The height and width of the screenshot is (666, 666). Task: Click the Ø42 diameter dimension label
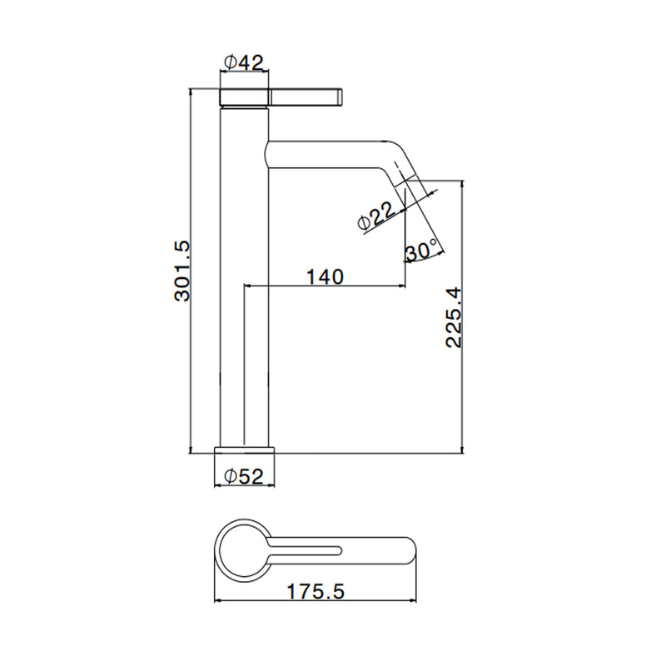(x=244, y=63)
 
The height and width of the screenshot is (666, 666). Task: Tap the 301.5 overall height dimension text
(x=182, y=271)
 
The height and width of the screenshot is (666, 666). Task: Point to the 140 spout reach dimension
(x=325, y=277)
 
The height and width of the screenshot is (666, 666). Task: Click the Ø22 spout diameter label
(x=377, y=216)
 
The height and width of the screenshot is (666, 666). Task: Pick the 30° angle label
(x=421, y=251)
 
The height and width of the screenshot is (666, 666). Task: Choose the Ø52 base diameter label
(x=244, y=476)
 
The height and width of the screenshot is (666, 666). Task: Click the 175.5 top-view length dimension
(x=316, y=591)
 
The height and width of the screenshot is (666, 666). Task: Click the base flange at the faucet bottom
(x=245, y=450)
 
